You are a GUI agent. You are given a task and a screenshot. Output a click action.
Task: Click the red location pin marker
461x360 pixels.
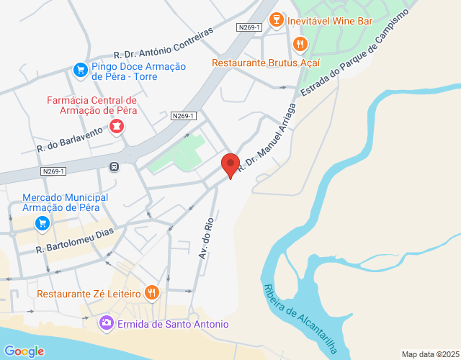click(230, 165)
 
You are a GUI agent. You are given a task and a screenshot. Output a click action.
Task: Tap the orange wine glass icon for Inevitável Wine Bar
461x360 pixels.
click(275, 21)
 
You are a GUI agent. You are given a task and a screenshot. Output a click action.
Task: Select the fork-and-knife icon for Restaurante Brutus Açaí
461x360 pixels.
click(300, 45)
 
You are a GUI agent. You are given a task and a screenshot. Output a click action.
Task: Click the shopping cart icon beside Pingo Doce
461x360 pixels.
click(80, 70)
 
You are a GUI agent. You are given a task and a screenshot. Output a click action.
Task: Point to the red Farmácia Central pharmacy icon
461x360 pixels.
click(115, 127)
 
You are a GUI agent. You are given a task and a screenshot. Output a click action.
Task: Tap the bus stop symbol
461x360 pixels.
click(114, 167)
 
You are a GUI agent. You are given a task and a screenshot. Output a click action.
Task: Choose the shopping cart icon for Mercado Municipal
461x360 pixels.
click(42, 223)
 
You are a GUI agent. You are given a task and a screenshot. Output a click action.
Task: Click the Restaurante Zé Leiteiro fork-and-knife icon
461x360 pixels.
click(151, 292)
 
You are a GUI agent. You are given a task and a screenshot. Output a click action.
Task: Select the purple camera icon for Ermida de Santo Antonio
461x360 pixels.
click(107, 323)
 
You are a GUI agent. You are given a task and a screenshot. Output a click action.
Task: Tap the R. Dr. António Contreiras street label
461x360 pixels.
click(164, 44)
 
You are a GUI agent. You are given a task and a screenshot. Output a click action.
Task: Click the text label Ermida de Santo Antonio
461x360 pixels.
click(173, 324)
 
